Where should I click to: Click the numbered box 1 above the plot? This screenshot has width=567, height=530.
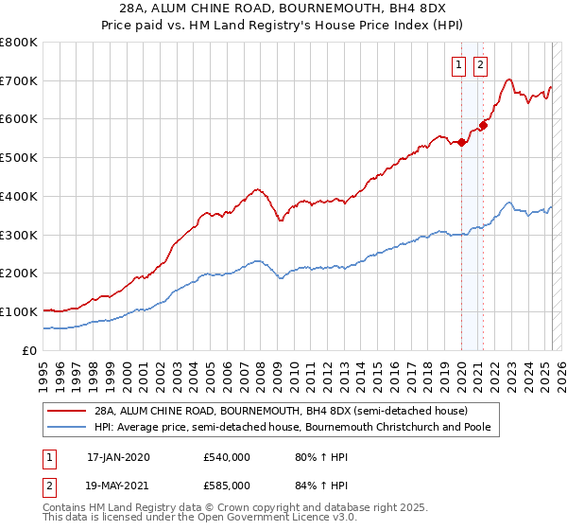(458, 65)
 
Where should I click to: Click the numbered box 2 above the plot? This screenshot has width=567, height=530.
(480, 65)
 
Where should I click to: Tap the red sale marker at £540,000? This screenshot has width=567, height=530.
(461, 143)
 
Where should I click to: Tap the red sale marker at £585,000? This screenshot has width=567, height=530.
(483, 125)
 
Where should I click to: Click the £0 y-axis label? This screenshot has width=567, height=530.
(30, 350)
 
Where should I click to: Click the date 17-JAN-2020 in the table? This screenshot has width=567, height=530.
(118, 457)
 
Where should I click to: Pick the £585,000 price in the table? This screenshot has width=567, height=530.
(227, 485)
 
